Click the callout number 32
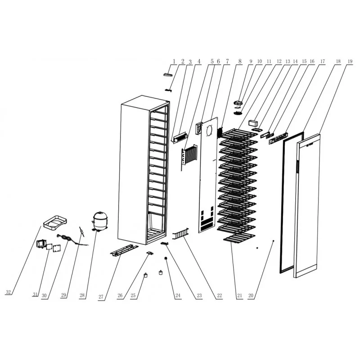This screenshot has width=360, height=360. click(x=8, y=292)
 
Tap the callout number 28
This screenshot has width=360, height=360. click(x=82, y=295)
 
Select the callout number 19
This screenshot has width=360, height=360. click(x=350, y=61)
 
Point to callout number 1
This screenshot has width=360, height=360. click(x=174, y=61)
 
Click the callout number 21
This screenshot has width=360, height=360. click(x=239, y=296)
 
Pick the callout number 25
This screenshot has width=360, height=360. click(x=133, y=295)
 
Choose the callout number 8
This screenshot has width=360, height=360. click(x=240, y=61)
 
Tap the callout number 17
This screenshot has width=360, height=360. click(x=323, y=61)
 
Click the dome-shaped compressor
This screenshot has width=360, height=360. click(x=99, y=221)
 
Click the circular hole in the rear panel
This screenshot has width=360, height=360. click(x=210, y=131)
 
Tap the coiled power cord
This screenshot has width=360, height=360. click(x=65, y=238)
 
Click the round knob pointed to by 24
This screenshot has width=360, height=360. click(x=165, y=258)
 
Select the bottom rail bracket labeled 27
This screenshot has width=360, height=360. click(x=124, y=250)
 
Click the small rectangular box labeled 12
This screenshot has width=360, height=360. click(x=253, y=122)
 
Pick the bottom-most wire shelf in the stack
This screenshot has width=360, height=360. click(x=239, y=239)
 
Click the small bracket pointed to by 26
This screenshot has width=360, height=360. click(x=150, y=253)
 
